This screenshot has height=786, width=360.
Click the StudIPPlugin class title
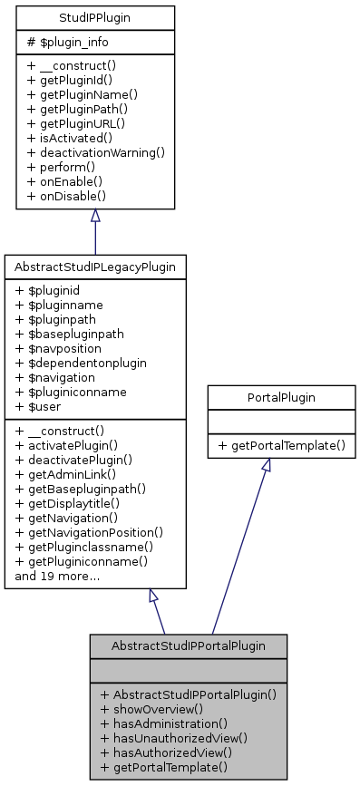tap(95, 16)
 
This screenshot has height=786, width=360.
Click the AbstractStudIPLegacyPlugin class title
tap(95, 267)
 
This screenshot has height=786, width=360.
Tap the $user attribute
tap(40, 407)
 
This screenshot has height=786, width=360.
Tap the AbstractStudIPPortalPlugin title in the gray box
tap(188, 645)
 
